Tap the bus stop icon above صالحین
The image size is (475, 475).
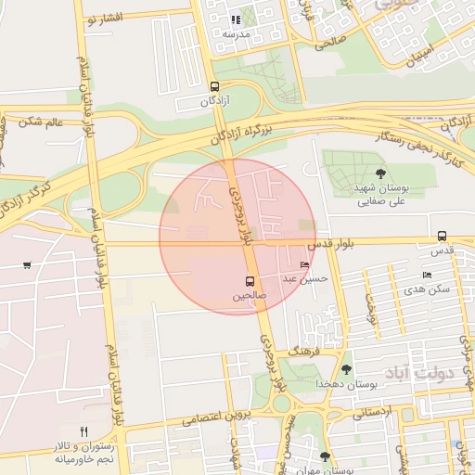click(x=250, y=281)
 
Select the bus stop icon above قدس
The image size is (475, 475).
click(x=442, y=237)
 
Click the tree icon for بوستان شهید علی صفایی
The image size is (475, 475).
click(x=379, y=173)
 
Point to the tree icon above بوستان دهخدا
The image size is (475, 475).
click(x=346, y=369)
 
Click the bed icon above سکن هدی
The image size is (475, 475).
click(x=427, y=276)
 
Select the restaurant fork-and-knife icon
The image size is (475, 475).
click(x=83, y=431)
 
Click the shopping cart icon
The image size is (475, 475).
click(x=26, y=266)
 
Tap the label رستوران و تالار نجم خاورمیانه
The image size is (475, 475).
click(x=83, y=452)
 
